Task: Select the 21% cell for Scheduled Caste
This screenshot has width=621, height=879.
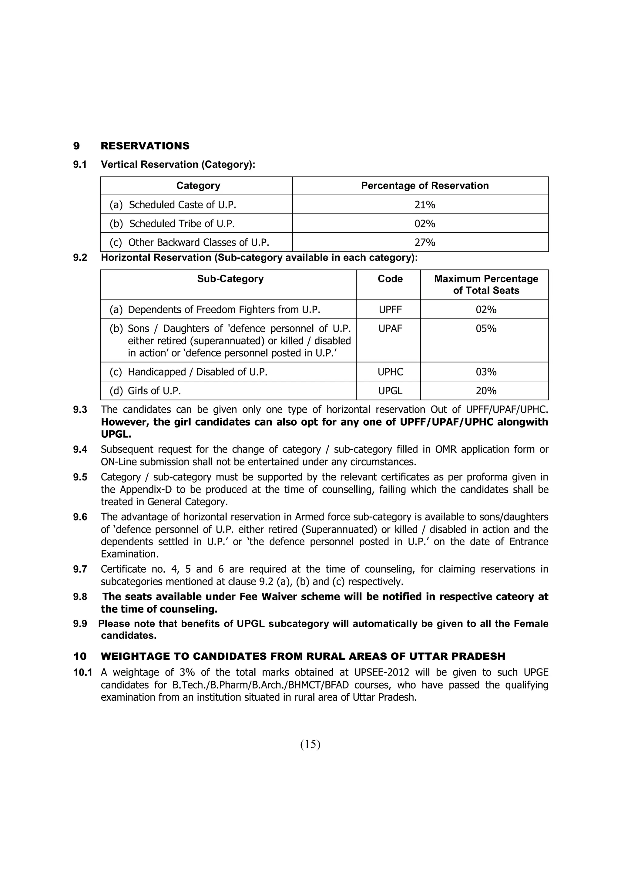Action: pos(425,205)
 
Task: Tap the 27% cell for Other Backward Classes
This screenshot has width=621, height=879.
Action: pos(425,243)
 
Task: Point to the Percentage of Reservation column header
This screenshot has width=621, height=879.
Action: pos(425,186)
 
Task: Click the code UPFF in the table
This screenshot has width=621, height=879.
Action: pos(390,310)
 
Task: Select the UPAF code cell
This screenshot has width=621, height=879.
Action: pos(390,329)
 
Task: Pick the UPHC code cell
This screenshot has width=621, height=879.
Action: pos(390,372)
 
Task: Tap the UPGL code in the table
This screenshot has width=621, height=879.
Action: pos(390,391)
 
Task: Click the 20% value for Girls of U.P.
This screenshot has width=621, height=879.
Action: pos(486,391)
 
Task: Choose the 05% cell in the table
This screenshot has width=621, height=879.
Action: pos(486,329)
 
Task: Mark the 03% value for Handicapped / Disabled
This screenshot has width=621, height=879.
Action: pos(486,372)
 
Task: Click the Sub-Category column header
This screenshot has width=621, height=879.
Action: pos(230,279)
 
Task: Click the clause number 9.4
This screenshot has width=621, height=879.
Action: pos(80,450)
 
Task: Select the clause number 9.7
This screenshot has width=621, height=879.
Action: pos(80,569)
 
